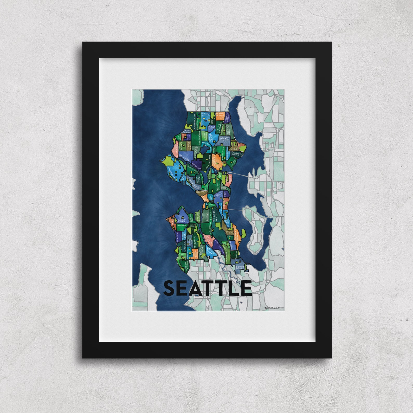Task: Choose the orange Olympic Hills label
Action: click(x=220, y=116)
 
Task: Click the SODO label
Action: click(x=207, y=217)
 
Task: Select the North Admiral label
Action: click(x=183, y=221)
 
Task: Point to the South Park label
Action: click(x=210, y=250)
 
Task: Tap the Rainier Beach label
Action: click(x=240, y=267)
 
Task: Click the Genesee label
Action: click(x=182, y=225)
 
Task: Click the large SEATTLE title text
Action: click(x=207, y=288)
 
